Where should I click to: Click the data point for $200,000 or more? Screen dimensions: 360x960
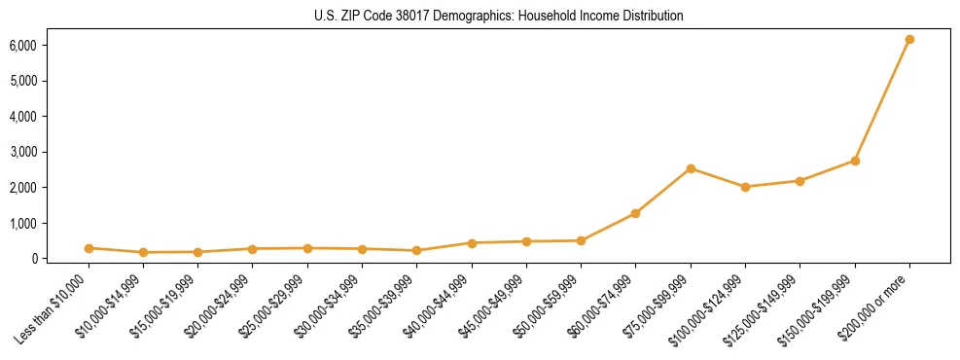(909, 40)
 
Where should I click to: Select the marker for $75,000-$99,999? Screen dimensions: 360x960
(691, 168)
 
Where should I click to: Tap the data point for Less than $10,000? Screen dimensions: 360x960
(89, 248)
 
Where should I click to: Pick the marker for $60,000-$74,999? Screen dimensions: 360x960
(635, 213)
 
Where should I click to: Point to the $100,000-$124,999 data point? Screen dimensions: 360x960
(745, 187)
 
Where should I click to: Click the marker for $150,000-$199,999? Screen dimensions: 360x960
(855, 161)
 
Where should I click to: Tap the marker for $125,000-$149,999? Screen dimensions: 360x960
(800, 181)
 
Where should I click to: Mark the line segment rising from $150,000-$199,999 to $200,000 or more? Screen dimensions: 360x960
(882, 100)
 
